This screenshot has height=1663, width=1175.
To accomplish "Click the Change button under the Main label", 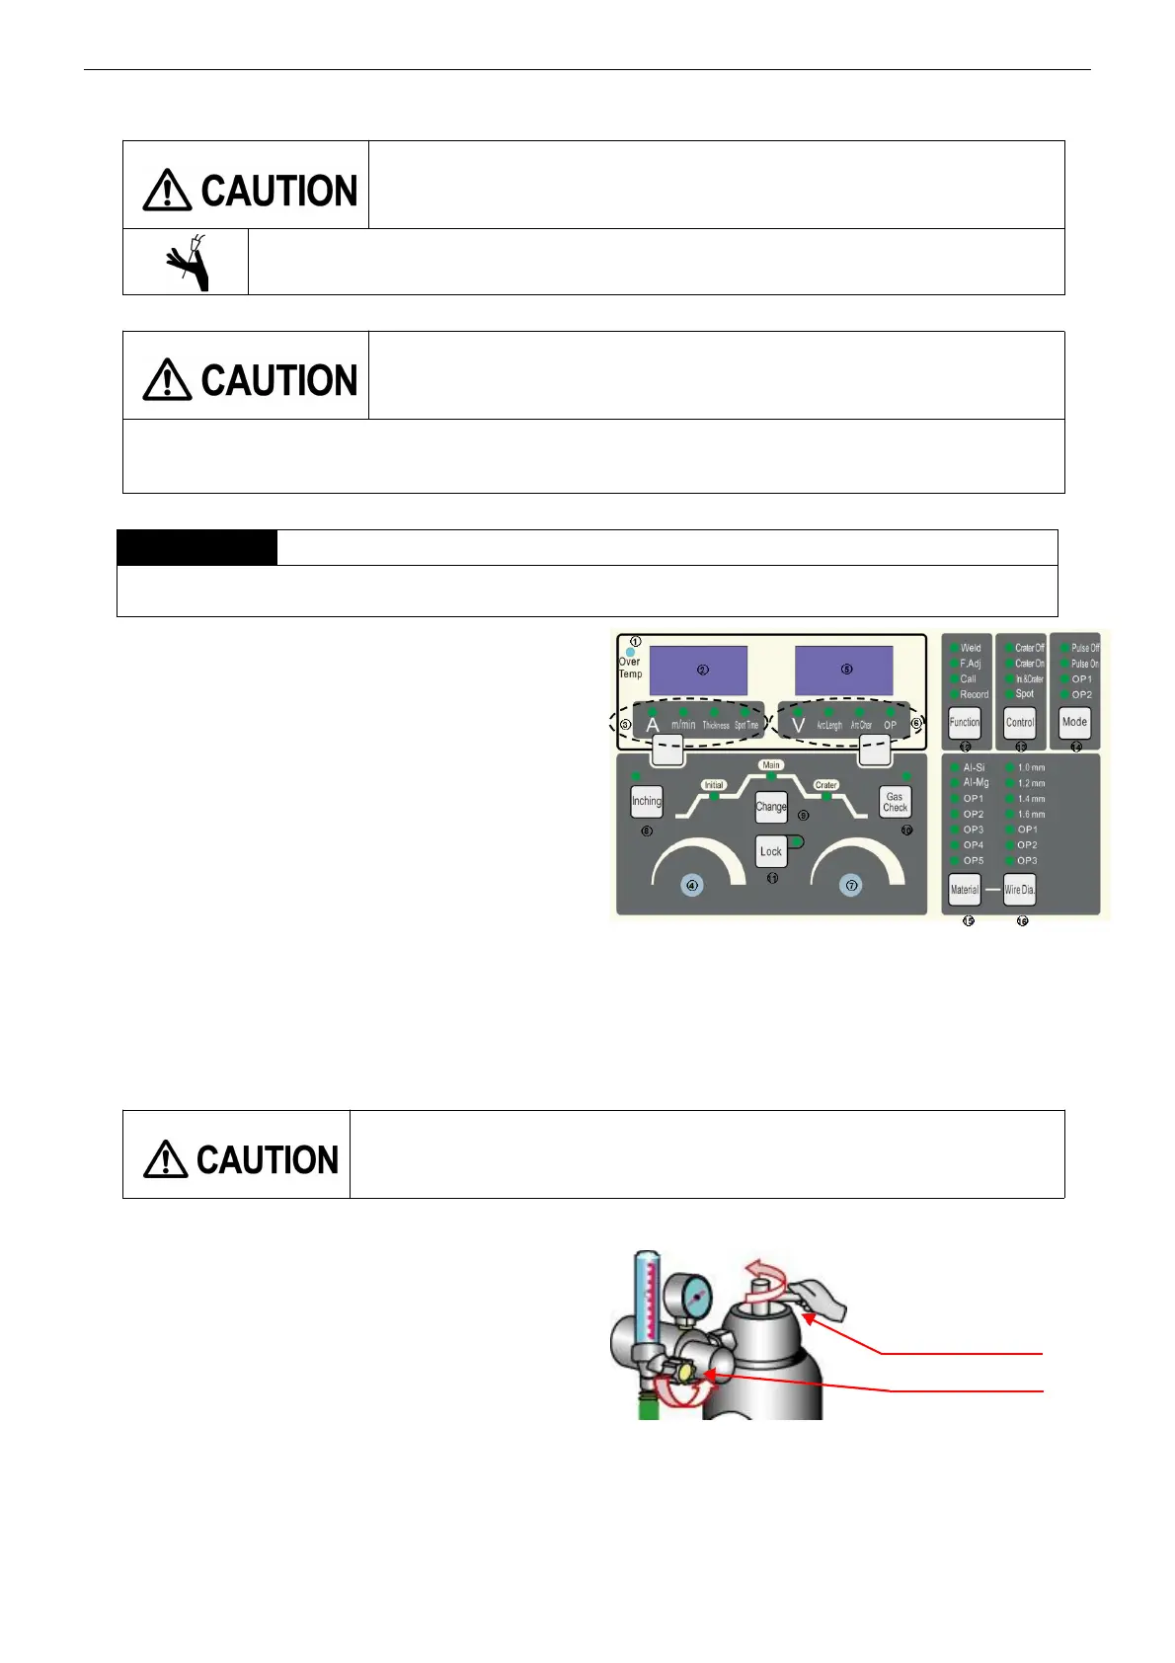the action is [x=771, y=807].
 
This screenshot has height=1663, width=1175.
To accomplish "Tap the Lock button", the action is [x=771, y=851].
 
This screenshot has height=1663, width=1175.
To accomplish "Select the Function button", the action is [x=965, y=722].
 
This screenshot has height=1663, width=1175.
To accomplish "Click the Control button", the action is [x=1020, y=722].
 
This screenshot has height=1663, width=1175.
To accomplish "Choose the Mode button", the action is [x=1074, y=722].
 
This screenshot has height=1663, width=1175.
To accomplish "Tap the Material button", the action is [x=965, y=890].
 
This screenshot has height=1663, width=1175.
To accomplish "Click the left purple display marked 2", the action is [x=698, y=671].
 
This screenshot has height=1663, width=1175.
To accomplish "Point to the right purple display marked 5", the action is [x=844, y=671].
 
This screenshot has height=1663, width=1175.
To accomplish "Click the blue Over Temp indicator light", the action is [x=631, y=652].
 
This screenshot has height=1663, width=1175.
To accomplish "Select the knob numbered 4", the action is [x=692, y=886].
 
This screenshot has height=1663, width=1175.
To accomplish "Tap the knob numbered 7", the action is [x=851, y=886].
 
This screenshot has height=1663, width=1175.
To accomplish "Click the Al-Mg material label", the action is [x=976, y=782].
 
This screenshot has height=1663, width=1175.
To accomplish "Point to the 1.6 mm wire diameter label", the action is [x=1031, y=814].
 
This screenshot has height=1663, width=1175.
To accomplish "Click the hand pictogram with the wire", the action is [x=188, y=262].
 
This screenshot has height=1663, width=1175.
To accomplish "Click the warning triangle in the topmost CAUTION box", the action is [x=167, y=190].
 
